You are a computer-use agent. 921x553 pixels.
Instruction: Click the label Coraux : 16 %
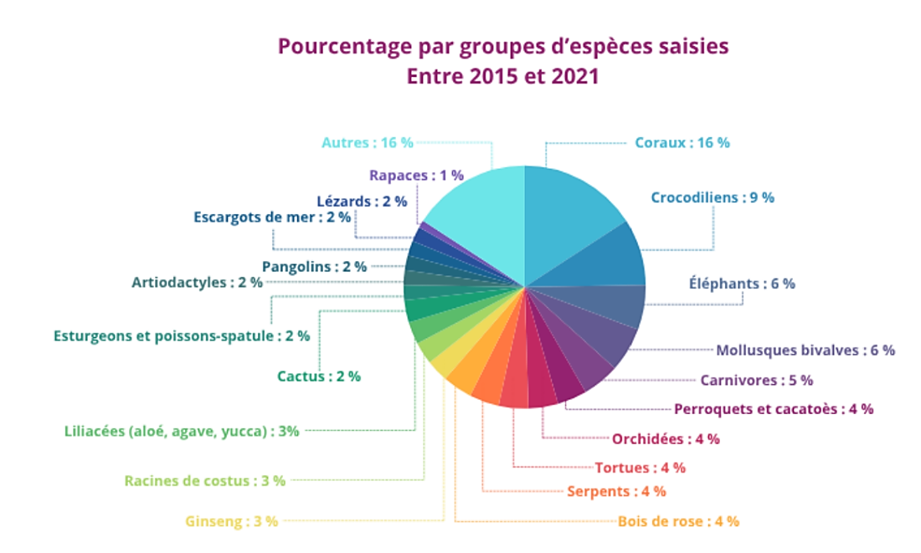(x=682, y=142)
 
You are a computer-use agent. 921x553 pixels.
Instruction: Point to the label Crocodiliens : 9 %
(x=713, y=197)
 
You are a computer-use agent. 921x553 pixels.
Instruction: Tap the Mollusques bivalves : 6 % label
(x=805, y=350)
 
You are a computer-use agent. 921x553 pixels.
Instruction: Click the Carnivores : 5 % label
(x=756, y=380)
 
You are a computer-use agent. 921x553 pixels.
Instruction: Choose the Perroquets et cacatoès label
(x=774, y=409)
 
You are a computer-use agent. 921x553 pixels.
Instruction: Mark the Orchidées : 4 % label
(x=666, y=438)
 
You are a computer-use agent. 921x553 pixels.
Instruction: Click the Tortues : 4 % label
(x=640, y=467)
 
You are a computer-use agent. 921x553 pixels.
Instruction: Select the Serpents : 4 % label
(x=616, y=491)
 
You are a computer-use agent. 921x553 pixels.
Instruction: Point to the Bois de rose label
(x=678, y=521)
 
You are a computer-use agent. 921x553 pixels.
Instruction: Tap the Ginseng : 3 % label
(x=231, y=521)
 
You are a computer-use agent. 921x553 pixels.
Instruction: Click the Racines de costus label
(x=205, y=481)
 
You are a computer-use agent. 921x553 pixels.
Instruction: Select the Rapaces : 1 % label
(x=416, y=175)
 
